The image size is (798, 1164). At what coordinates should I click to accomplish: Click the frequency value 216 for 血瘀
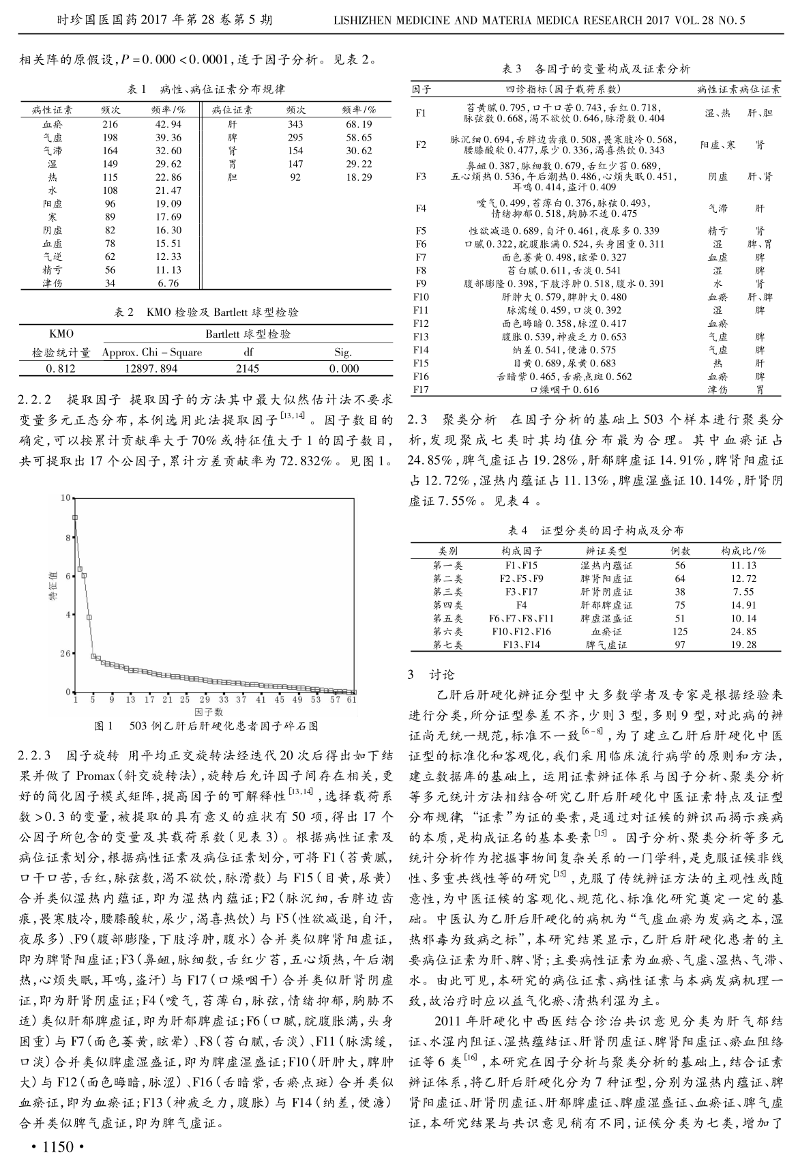point(109,124)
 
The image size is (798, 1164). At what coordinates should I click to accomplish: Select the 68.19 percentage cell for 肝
point(359,124)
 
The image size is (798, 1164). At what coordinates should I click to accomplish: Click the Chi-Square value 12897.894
point(151,368)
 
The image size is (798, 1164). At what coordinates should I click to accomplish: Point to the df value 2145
point(248,368)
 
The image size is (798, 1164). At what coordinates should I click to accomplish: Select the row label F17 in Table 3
point(421,390)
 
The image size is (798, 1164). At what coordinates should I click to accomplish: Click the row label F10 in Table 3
point(421,297)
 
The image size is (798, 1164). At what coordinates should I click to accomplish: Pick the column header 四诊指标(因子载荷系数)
point(563,89)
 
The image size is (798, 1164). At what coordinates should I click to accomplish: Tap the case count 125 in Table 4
point(679,632)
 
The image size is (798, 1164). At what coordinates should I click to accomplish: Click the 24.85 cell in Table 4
point(743,632)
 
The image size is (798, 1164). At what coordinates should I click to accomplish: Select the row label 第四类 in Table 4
point(448,605)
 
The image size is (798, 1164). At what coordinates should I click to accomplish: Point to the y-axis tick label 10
point(64,497)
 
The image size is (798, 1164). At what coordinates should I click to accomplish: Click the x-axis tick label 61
point(352,700)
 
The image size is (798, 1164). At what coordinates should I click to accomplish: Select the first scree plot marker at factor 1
point(75,517)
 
